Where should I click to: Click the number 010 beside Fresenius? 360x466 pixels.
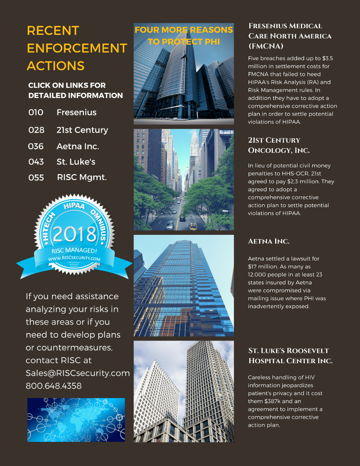pos(36,112)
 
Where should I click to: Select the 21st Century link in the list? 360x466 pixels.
pos(82,130)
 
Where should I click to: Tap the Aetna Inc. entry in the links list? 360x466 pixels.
pos(78,146)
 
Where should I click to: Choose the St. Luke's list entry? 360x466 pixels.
pos(76,162)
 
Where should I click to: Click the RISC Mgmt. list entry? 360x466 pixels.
pos(82,177)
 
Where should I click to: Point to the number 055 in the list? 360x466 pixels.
pos(36,178)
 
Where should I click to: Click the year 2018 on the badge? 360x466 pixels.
pos(75,234)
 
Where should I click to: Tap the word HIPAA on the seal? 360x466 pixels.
pos(74,206)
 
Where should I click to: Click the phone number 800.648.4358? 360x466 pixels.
pos(54,386)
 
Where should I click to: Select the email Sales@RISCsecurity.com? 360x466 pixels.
pos(78,373)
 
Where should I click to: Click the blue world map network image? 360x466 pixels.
pos(76,420)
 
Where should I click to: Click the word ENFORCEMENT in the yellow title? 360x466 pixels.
pos(77,48)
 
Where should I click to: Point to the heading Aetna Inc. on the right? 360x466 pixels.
pos(269,241)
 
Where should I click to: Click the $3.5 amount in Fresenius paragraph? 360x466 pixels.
pos(328,58)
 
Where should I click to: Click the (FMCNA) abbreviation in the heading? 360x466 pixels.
pos(266,46)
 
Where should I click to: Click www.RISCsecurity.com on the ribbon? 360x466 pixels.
pos(74,258)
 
